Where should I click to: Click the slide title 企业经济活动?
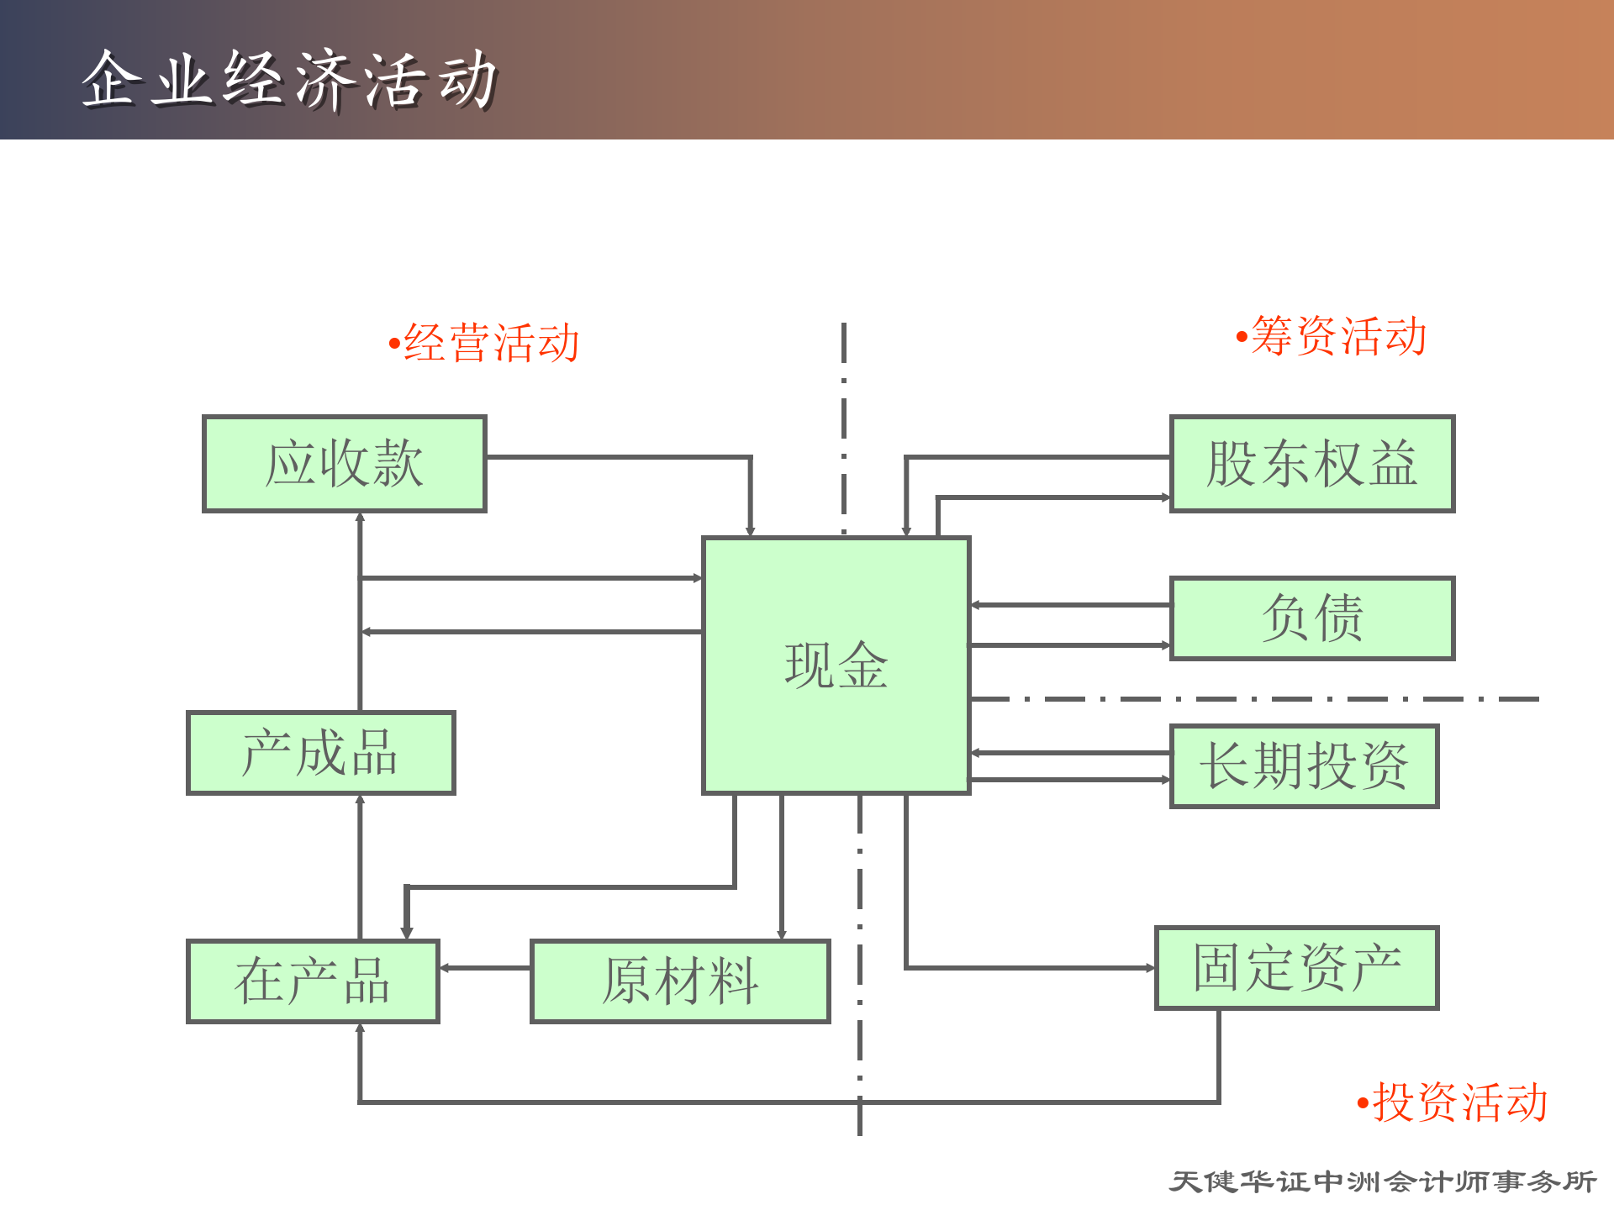pos(290,80)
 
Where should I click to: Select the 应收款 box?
pos(344,463)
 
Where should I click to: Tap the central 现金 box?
pos(836,665)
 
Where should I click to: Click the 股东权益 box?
pos(1311,463)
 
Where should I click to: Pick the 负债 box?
pos(1311,618)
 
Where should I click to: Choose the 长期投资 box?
pos(1304,765)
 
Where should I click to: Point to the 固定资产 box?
pos(1297,967)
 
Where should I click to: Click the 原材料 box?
pos(680,981)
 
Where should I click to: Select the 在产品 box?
pos(313,981)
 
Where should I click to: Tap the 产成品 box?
pos(320,752)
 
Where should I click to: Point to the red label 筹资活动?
pos(1337,336)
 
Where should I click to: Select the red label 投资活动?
pos(1458,1102)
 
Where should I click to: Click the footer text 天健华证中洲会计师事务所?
pos(1383,1181)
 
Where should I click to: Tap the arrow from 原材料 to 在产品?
pos(485,968)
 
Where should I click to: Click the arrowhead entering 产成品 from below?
pos(360,800)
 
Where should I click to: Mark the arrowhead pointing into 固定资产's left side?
pos(1151,968)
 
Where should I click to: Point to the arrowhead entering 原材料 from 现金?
pos(781,934)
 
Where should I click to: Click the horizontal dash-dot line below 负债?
pos(1253,698)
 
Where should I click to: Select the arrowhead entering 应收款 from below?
pos(360,518)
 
